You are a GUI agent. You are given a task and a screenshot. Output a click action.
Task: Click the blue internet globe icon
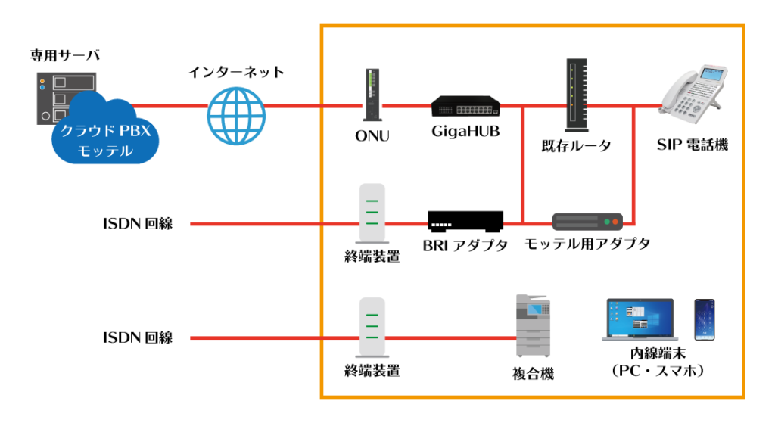coord(236,116)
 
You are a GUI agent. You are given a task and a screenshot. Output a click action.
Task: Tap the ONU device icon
coord(372,95)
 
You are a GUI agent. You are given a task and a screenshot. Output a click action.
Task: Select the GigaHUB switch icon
coord(465,106)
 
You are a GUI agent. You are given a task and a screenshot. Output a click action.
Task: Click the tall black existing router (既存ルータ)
coord(577,95)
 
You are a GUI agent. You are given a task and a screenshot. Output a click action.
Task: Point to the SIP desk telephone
coord(693,94)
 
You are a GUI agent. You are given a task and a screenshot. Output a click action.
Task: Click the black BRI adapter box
coord(465,222)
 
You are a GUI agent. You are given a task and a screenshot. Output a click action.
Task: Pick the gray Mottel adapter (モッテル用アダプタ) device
coord(587,222)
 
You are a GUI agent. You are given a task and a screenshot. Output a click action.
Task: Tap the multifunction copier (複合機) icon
coord(534,325)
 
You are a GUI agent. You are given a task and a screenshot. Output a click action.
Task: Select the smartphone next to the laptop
coord(705,320)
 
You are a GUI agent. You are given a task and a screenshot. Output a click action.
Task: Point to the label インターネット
coord(236,72)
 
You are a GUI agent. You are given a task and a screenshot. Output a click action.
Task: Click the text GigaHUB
coord(465,132)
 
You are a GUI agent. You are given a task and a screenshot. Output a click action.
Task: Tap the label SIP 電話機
coord(693,145)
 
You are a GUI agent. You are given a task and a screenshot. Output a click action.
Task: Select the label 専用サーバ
coord(65,54)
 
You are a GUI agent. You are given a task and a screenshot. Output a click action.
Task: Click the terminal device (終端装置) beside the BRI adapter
coord(372,213)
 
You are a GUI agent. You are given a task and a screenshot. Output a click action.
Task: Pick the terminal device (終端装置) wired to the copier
coord(372,328)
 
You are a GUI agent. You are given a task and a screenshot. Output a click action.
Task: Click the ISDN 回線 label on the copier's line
coord(138,337)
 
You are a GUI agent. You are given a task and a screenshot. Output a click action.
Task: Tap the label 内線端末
coord(658,353)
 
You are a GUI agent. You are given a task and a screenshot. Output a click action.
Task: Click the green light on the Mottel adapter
coord(607,222)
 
